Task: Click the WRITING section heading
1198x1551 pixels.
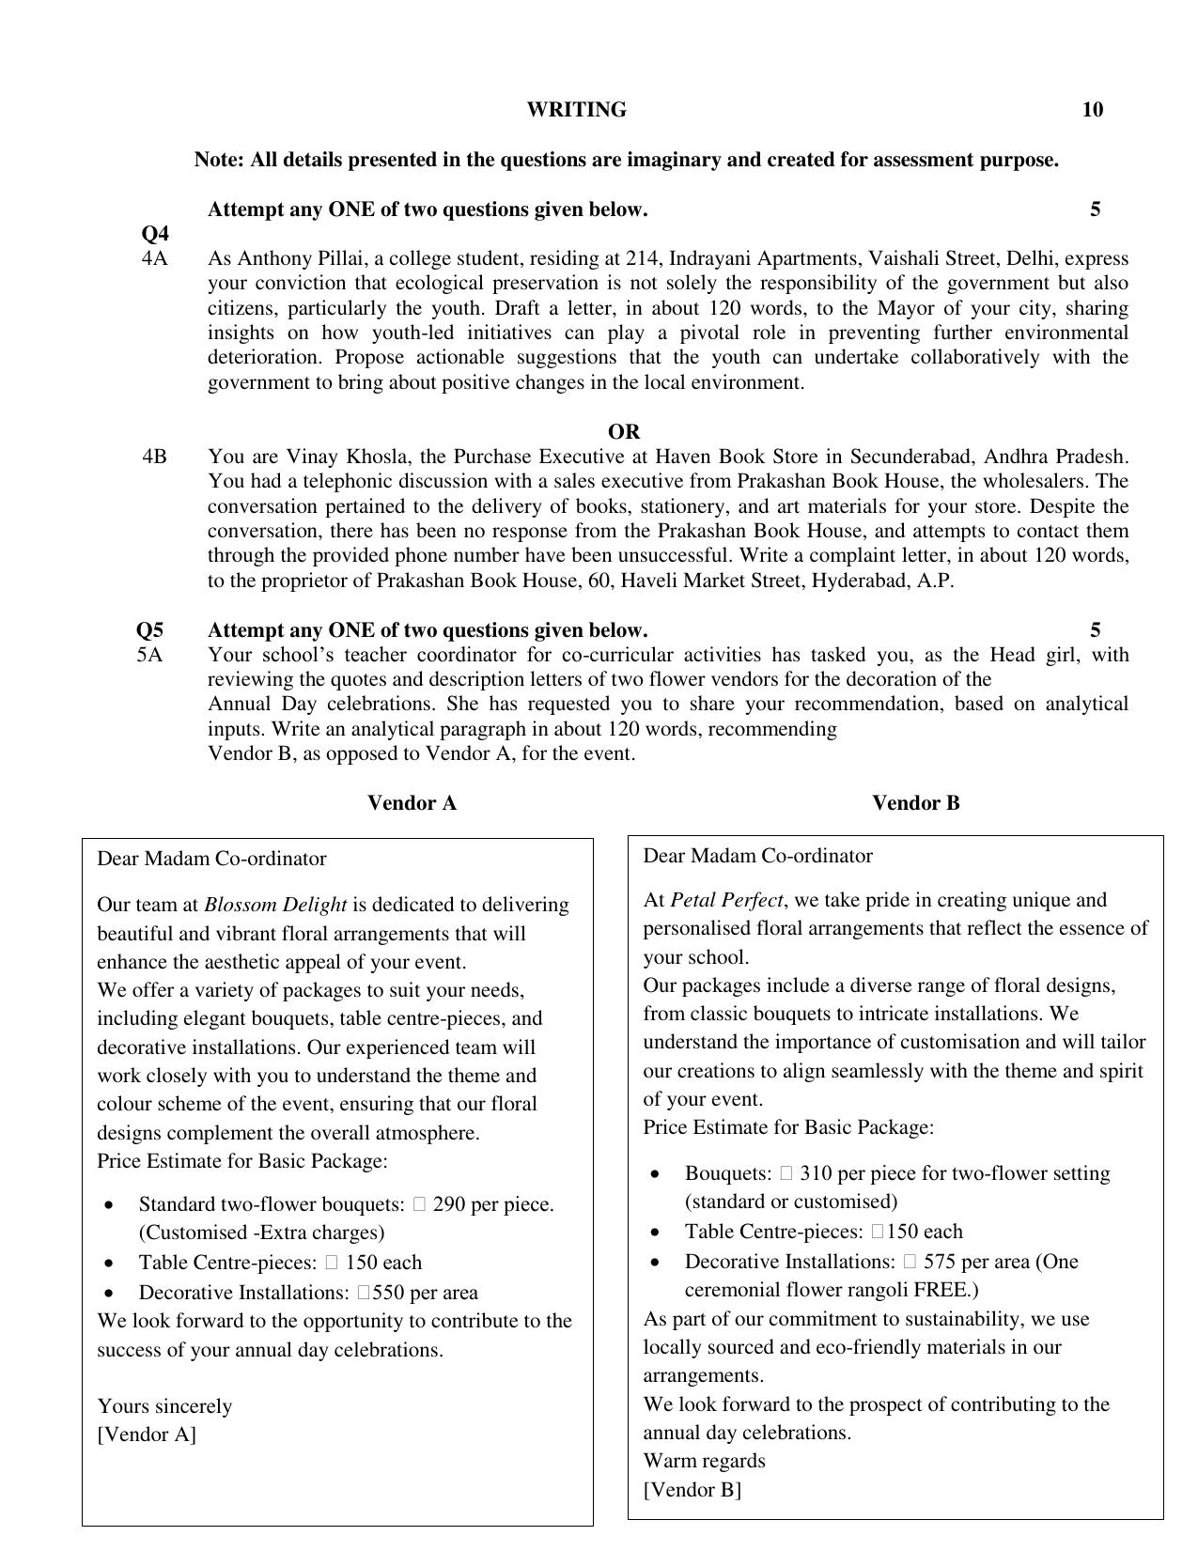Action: [576, 110]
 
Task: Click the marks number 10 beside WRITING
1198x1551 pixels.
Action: [1092, 110]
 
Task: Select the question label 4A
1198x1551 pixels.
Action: [155, 258]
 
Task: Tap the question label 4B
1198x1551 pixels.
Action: [155, 457]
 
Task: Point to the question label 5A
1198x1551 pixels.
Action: [149, 655]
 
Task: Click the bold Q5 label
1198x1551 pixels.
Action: [150, 629]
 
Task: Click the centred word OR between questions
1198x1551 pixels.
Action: [624, 432]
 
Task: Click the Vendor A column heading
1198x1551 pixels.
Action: [412, 803]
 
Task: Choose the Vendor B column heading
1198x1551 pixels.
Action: [916, 803]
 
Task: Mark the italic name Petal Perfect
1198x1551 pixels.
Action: [726, 900]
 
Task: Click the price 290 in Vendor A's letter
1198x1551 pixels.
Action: [450, 1204]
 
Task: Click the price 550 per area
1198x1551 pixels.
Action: [388, 1293]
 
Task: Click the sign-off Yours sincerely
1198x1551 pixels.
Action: [164, 1406]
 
